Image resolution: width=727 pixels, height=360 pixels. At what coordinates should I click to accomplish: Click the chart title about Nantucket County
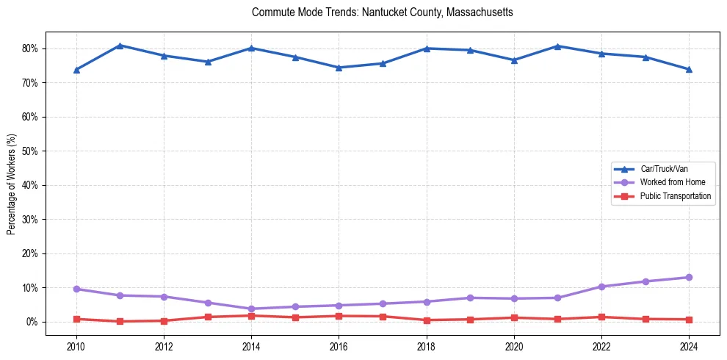(x=382, y=12)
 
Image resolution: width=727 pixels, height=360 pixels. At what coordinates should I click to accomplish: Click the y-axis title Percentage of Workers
(x=11, y=184)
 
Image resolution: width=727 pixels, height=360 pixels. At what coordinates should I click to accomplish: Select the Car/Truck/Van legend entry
(x=664, y=169)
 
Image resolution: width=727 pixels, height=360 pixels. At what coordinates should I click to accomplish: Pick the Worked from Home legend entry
(x=669, y=182)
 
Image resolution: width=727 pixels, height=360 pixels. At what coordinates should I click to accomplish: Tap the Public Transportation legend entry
(x=675, y=196)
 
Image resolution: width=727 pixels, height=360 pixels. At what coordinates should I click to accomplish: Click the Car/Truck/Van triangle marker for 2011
(x=120, y=46)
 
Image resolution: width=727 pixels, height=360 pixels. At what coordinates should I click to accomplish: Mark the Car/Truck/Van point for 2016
(x=339, y=68)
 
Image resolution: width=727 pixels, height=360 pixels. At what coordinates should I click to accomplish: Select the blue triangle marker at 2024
(x=689, y=69)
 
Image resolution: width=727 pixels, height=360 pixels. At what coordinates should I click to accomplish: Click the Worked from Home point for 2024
(x=689, y=277)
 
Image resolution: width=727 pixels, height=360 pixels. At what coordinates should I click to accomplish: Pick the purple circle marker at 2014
(x=251, y=309)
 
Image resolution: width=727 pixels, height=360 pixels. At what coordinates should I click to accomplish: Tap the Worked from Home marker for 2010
(x=76, y=289)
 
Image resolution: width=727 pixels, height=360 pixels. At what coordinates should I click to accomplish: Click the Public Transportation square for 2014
(x=251, y=316)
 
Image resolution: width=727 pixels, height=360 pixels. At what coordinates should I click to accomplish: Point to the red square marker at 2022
(x=601, y=317)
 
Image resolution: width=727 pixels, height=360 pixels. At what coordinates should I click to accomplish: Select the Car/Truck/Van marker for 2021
(x=557, y=46)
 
